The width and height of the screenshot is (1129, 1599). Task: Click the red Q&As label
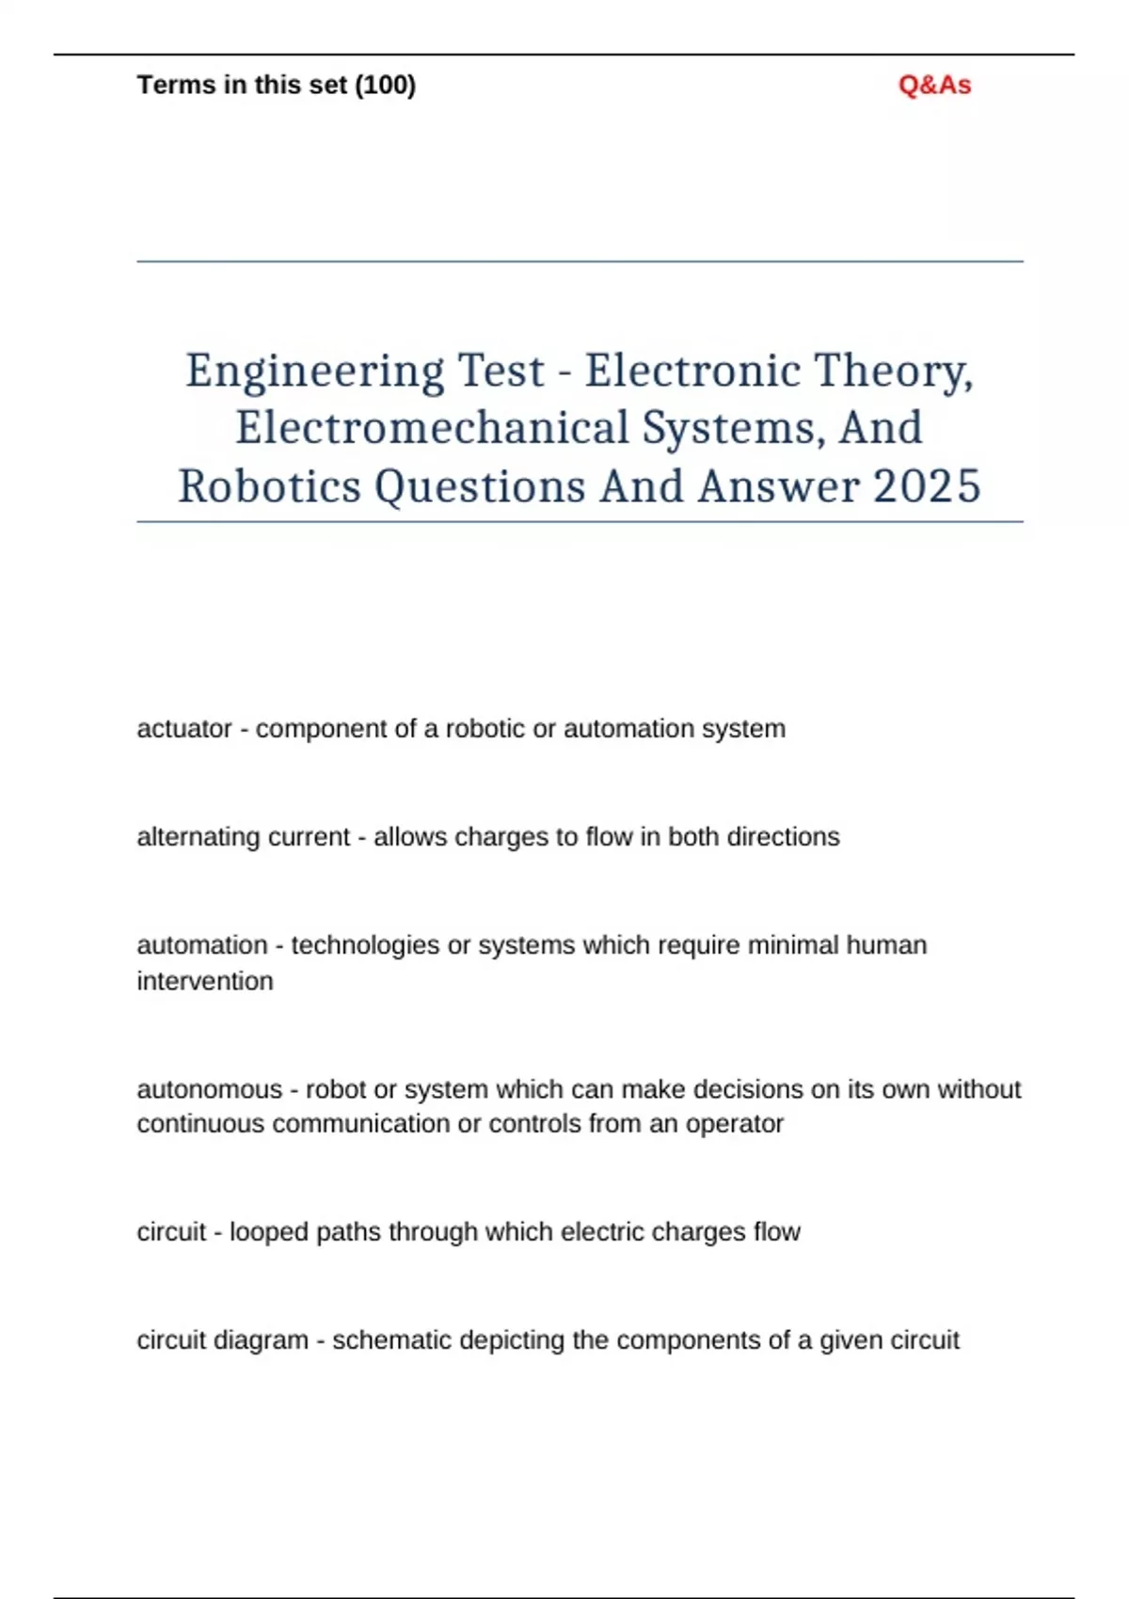pos(934,86)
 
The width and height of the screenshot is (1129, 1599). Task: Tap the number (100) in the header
pos(385,86)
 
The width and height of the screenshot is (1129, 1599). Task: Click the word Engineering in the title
pos(314,372)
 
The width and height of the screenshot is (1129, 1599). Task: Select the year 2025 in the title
pos(927,487)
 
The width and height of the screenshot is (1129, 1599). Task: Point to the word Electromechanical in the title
pos(432,429)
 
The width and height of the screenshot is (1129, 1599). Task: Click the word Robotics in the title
pos(270,487)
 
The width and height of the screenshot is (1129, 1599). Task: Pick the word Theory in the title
pos(893,372)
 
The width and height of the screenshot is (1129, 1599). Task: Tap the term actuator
pos(183,729)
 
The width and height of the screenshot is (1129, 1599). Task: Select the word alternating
pos(195,837)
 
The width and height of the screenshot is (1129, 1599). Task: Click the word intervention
pos(205,981)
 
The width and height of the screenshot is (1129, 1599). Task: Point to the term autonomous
pos(209,1089)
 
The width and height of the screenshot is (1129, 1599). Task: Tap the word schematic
pos(391,1340)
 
